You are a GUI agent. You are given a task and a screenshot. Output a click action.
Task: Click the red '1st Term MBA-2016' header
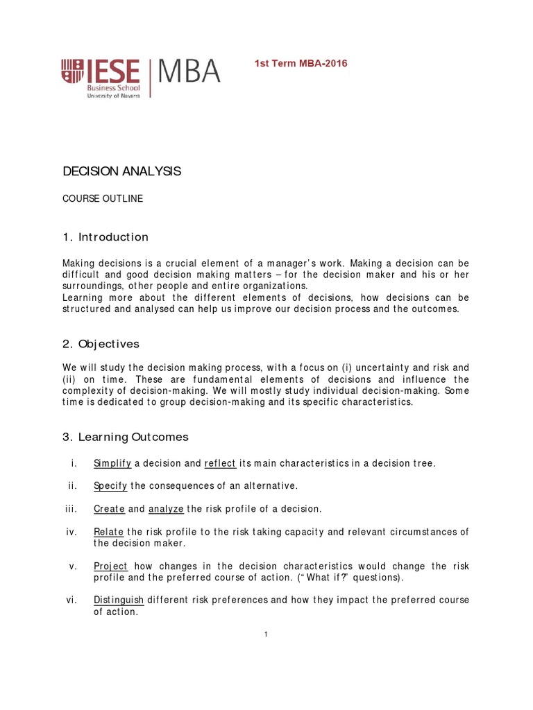pyautogui.click(x=302, y=64)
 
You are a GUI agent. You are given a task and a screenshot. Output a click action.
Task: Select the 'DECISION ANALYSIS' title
pyautogui.click(x=122, y=171)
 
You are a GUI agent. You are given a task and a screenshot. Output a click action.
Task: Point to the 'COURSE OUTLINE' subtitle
pyautogui.click(x=103, y=199)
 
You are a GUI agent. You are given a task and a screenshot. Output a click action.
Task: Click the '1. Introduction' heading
pyautogui.click(x=105, y=237)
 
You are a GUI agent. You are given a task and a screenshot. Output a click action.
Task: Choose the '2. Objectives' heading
pyautogui.click(x=101, y=344)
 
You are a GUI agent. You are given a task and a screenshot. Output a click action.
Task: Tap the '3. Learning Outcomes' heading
pyautogui.click(x=126, y=437)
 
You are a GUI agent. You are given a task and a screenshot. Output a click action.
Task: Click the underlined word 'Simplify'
pyautogui.click(x=112, y=463)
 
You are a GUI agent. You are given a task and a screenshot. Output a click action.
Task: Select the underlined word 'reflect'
pyautogui.click(x=221, y=463)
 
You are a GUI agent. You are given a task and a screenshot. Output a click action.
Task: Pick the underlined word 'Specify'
pyautogui.click(x=111, y=486)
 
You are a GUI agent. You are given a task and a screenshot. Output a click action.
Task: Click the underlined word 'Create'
pyautogui.click(x=110, y=509)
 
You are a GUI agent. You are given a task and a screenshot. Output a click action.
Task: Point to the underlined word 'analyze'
pyautogui.click(x=166, y=509)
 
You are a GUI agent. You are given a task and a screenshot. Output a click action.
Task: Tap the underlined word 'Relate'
pyautogui.click(x=109, y=532)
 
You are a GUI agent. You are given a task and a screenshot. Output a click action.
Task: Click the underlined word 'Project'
pyautogui.click(x=111, y=566)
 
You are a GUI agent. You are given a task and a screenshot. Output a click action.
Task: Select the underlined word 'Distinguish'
pyautogui.click(x=119, y=600)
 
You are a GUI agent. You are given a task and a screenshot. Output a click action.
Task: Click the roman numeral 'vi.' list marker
pyautogui.click(x=71, y=600)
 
